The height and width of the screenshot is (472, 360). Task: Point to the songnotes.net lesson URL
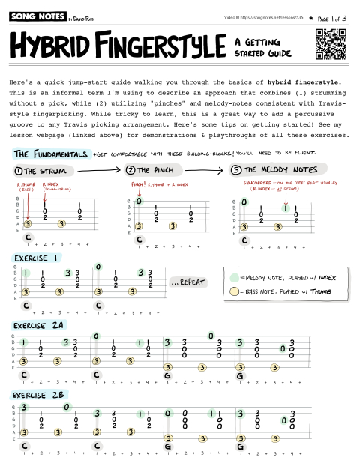point(271,16)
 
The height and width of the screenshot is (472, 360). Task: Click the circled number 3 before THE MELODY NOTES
point(237,170)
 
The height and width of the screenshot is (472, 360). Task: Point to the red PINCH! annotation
point(138,183)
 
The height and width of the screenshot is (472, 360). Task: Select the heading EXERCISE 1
point(37,258)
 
